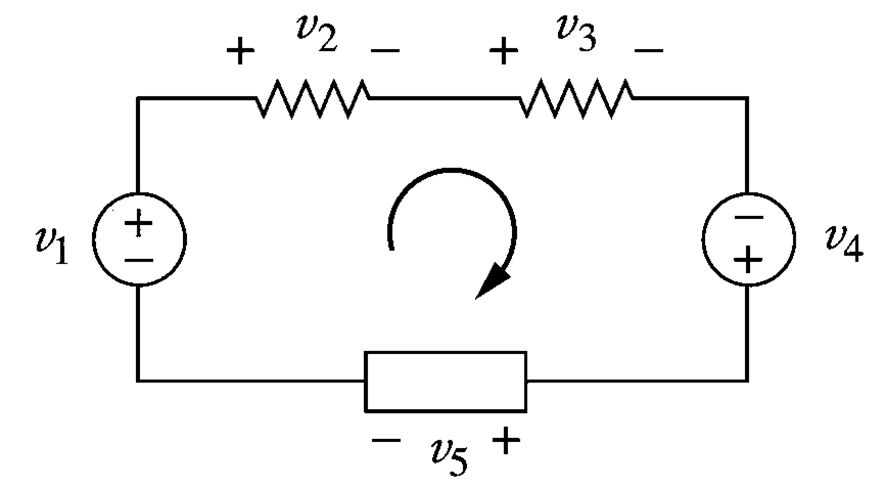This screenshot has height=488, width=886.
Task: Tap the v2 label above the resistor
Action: pyautogui.click(x=316, y=35)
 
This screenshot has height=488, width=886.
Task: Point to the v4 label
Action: pyautogui.click(x=843, y=245)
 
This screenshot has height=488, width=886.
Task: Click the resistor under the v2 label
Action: pyautogui.click(x=312, y=99)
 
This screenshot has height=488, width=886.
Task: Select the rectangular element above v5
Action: pyautogui.click(x=445, y=382)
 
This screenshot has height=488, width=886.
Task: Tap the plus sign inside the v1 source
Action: pyautogui.click(x=138, y=223)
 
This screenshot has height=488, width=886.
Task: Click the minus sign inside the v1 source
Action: pyautogui.click(x=138, y=260)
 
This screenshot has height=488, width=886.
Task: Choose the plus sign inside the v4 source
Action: pyautogui.click(x=748, y=259)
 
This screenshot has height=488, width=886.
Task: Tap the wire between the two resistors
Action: pyautogui.click(x=444, y=99)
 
